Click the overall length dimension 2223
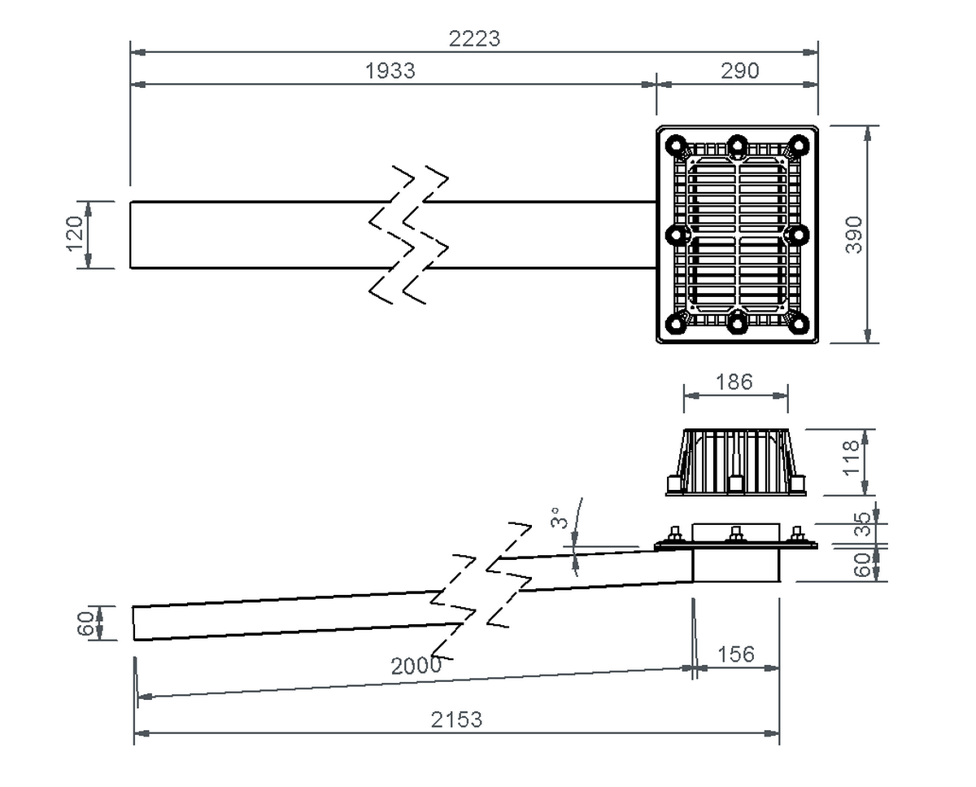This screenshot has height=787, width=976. [x=474, y=38]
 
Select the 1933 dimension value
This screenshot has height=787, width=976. [x=390, y=72]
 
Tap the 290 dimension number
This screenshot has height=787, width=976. [x=739, y=72]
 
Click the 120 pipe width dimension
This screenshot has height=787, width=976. [x=75, y=234]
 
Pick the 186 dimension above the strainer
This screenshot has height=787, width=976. [x=735, y=382]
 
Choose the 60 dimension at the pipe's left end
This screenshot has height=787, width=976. [x=85, y=623]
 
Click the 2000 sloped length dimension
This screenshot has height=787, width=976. [x=416, y=666]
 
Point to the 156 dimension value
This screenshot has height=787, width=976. [x=737, y=654]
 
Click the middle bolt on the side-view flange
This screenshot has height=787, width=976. [x=736, y=536]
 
